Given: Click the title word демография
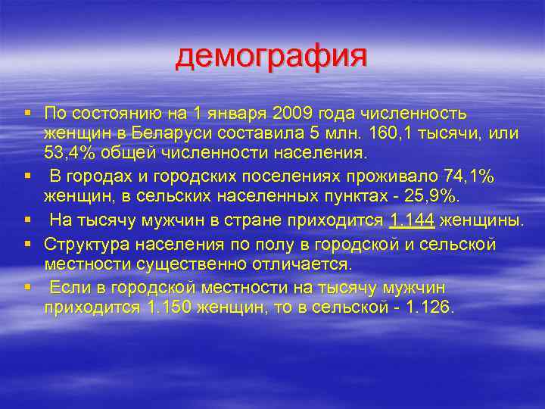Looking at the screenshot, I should pos(271,58).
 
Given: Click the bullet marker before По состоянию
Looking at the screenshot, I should pos(27,114).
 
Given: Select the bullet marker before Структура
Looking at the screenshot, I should pos(27,244).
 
